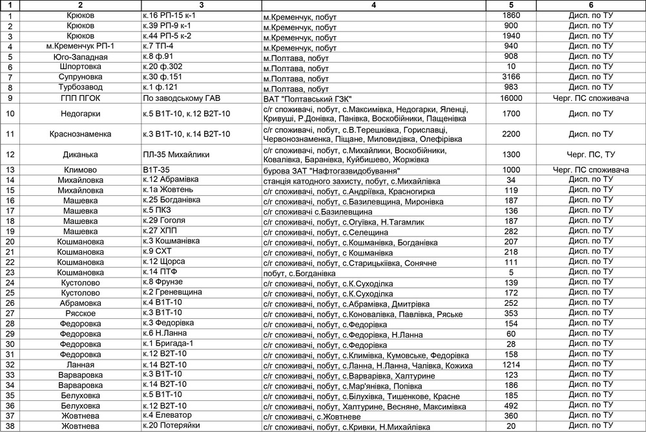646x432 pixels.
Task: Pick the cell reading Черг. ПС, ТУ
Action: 591,155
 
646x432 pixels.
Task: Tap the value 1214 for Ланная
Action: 511,365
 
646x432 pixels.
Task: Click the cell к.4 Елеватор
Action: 168,415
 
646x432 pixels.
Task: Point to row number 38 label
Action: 10,426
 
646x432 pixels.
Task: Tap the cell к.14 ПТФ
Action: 161,272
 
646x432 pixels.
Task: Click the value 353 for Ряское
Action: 511,313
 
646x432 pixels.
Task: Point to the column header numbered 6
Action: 591,5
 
